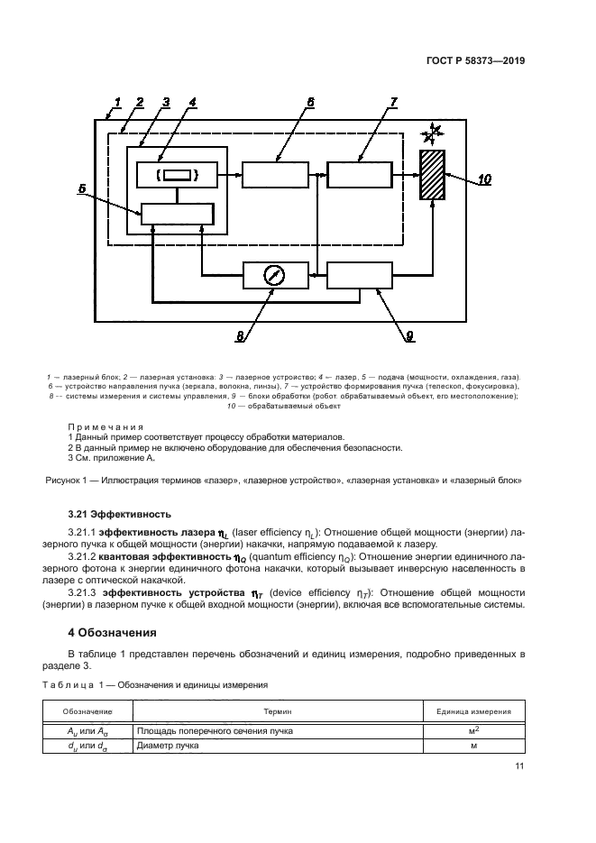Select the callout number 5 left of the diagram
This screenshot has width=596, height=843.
[x=82, y=189]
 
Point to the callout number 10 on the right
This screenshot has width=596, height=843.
[x=483, y=179]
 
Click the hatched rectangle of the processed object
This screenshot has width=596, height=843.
[x=433, y=176]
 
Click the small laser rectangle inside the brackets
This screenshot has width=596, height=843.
[x=176, y=175]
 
